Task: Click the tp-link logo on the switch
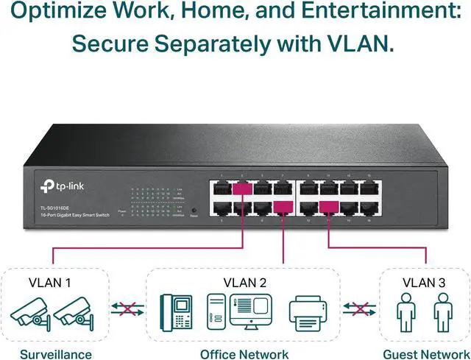pyautogui.click(x=61, y=184)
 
